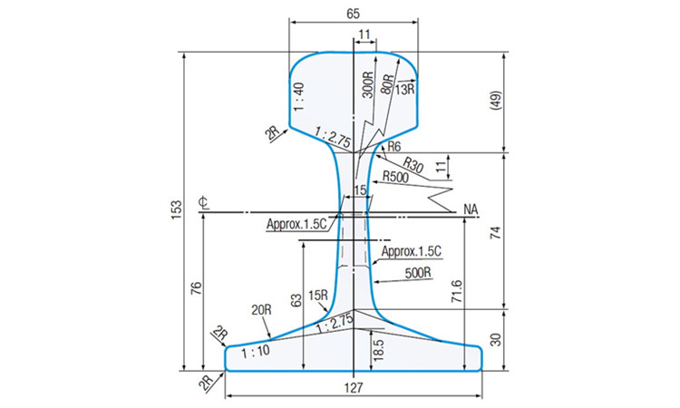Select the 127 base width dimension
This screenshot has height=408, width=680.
(x=355, y=388)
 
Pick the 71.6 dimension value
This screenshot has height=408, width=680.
(x=456, y=292)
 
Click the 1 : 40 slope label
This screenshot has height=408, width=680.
(x=297, y=92)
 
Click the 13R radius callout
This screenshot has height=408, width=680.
(x=404, y=88)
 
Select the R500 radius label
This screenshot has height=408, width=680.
(x=395, y=177)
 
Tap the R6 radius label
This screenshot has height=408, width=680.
(x=393, y=147)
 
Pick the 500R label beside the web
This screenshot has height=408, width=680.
(x=419, y=271)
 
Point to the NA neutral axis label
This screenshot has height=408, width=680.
(x=470, y=210)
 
